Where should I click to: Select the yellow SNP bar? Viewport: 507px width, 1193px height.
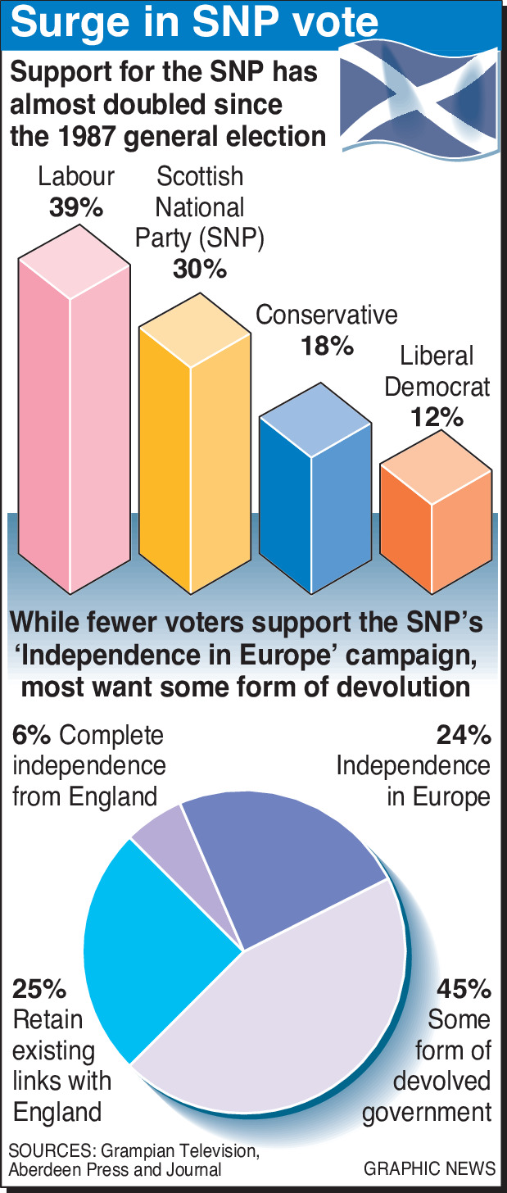[x=194, y=459]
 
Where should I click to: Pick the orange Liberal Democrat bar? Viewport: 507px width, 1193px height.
[x=435, y=533]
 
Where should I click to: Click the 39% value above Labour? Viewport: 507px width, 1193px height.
[x=75, y=207]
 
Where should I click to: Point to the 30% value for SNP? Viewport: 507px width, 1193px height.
[x=200, y=268]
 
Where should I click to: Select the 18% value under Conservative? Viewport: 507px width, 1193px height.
[x=326, y=346]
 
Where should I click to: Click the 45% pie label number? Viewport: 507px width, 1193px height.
[x=463, y=989]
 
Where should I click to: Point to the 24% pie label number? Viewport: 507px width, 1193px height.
[x=464, y=735]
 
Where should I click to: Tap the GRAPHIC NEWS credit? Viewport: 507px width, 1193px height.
[x=430, y=1168]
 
